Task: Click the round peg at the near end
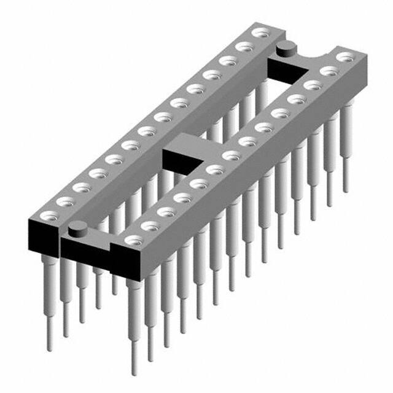click(77, 230)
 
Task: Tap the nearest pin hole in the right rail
click(133, 239)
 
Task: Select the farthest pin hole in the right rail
click(346, 57)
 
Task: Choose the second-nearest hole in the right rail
click(150, 225)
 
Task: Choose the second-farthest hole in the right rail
click(330, 71)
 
